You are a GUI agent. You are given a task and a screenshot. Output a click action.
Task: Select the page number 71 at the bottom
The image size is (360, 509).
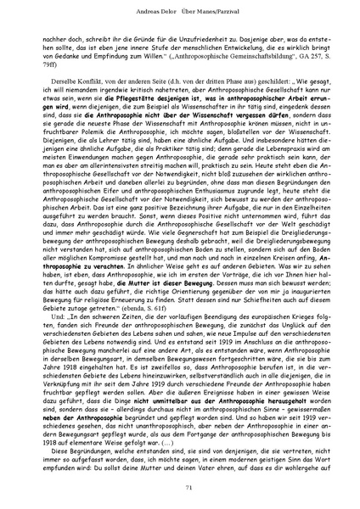point(180,487)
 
